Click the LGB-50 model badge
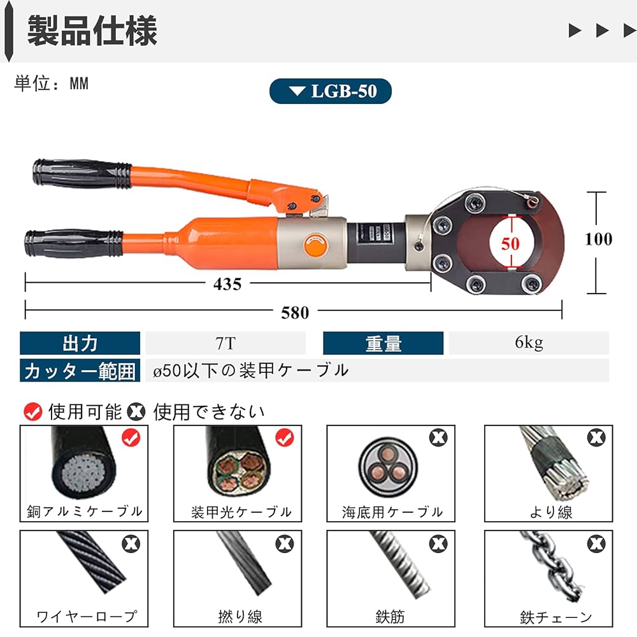pos(330,91)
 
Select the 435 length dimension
pos(227,284)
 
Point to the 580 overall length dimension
pos(295,312)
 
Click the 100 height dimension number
pos(598,239)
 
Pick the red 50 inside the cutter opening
pos(510,244)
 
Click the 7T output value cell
pos(225,343)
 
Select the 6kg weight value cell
pos(529,343)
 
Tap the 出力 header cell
pos(80,343)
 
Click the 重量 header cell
pos(383,343)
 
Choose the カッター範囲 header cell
pos(80,371)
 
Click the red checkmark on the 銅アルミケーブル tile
pos(131,438)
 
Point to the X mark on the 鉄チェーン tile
pos(596,543)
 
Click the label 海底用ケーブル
pos(392,512)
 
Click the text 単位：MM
pos(51,83)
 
